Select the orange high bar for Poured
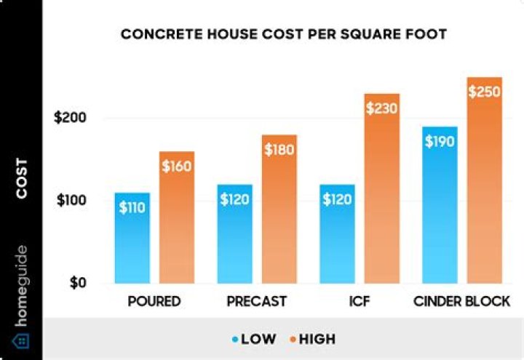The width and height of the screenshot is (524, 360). [177, 217]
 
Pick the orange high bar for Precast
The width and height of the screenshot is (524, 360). [279, 210]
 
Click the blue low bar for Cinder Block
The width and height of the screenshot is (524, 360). [440, 207]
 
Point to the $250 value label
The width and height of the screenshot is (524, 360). [485, 92]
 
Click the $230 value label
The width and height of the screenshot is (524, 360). [382, 108]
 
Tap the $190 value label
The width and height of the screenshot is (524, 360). [440, 141]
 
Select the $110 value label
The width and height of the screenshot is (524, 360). [132, 207]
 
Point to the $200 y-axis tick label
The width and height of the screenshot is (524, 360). [70, 118]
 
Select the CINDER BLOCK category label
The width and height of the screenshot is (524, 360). [461, 301]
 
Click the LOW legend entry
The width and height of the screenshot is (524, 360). [255, 339]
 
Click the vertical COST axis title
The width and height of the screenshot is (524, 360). [22, 178]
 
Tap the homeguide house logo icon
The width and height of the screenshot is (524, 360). [21, 340]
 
